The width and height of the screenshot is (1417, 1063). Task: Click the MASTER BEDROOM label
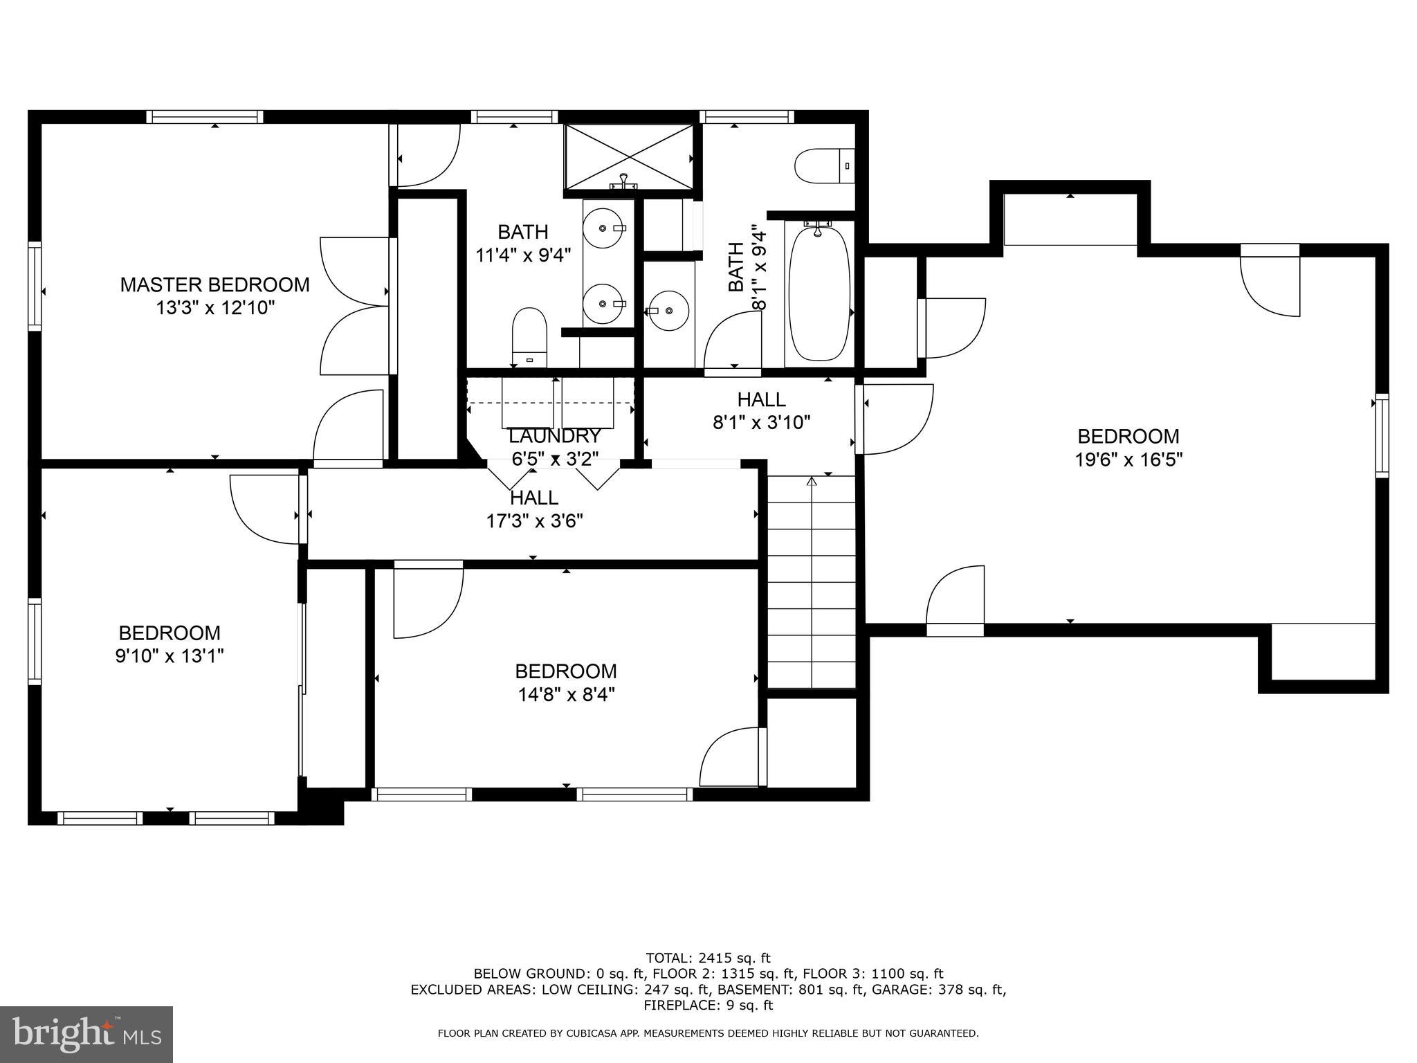(214, 284)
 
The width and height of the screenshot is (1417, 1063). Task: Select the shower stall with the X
(628, 156)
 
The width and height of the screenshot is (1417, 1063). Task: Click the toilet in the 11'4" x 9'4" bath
(529, 337)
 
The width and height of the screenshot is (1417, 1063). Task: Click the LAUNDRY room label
(555, 436)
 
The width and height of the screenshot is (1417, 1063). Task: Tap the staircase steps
(812, 581)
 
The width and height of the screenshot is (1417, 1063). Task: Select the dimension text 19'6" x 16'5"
(1128, 460)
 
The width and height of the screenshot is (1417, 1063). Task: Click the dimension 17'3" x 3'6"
(534, 520)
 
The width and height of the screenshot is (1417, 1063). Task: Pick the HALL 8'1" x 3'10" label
(761, 410)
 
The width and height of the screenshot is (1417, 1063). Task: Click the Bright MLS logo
(86, 1034)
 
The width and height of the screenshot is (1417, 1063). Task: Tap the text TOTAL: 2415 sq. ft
(708, 958)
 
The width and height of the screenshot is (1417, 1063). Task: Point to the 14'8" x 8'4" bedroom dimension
(566, 694)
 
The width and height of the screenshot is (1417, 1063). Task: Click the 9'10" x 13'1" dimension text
(170, 655)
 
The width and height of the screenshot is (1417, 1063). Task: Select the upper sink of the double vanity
(603, 228)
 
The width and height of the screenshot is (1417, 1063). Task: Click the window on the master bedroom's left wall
(34, 286)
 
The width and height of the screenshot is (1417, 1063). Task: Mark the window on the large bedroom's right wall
(1381, 435)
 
